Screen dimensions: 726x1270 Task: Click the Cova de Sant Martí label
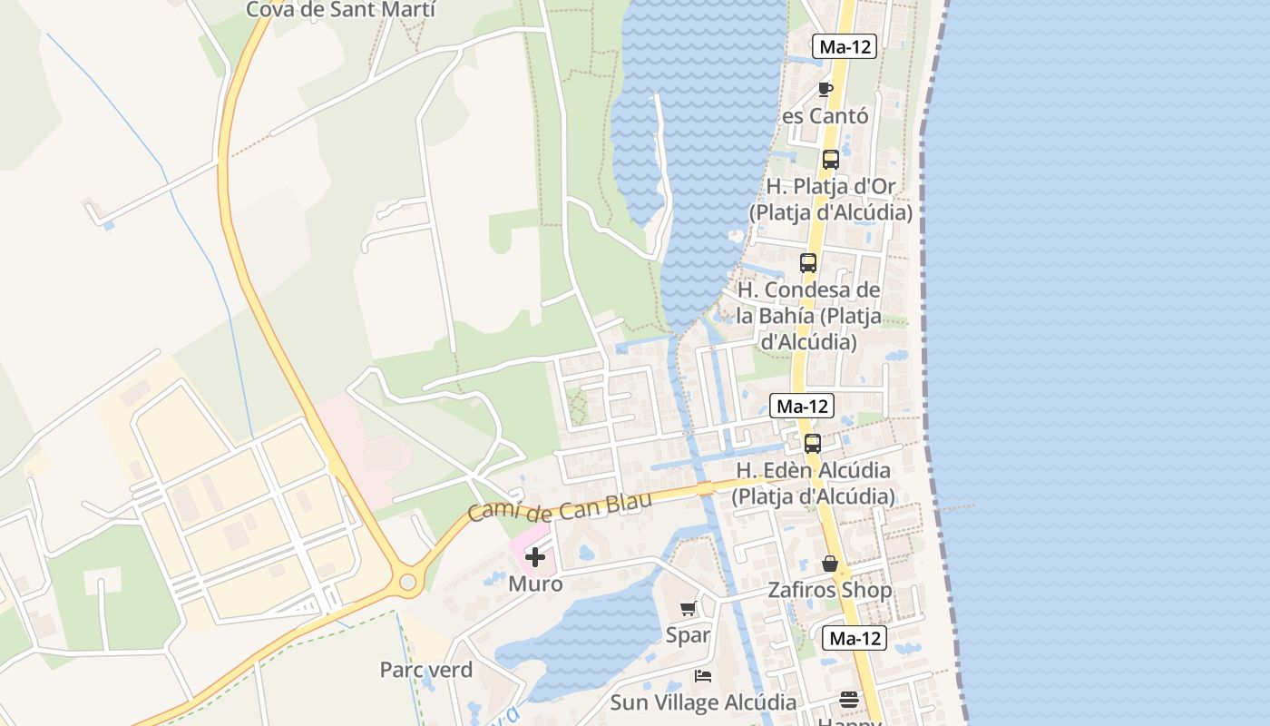click(341, 10)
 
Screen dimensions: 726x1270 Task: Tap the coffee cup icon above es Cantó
click(825, 88)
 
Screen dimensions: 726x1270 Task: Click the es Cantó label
click(825, 116)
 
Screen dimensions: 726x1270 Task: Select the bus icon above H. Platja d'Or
click(830, 160)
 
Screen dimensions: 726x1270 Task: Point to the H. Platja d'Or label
click(831, 199)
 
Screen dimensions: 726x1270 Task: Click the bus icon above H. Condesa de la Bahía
click(807, 263)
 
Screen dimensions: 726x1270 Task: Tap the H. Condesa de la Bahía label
click(807, 316)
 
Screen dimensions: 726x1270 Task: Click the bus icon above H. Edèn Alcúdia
click(813, 444)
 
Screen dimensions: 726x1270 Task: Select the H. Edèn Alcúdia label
click(813, 484)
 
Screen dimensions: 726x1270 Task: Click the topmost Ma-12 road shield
click(845, 46)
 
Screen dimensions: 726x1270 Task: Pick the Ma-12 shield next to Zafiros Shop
click(855, 638)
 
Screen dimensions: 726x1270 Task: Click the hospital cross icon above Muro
click(535, 557)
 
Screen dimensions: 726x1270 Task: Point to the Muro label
click(535, 584)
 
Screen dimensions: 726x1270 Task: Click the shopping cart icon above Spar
click(688, 609)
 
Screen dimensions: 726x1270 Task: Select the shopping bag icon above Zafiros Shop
click(830, 564)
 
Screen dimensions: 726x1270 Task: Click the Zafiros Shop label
click(830, 590)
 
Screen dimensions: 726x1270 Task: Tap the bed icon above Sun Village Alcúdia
click(703, 676)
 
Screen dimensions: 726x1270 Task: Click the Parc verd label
click(426, 670)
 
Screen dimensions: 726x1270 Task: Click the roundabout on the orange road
click(408, 581)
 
